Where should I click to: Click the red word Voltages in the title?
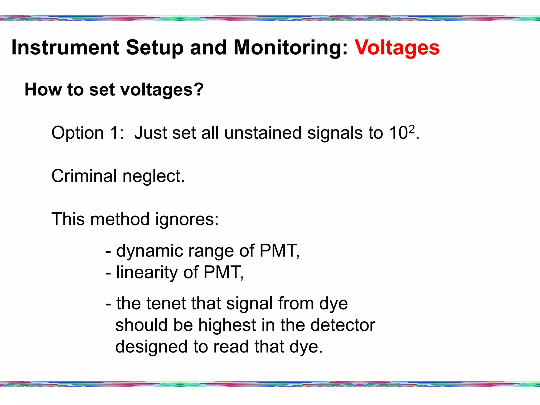tap(397, 48)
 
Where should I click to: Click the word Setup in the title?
tap(155, 48)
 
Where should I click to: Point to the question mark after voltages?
tap(199, 89)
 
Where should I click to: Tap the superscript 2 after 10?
tap(411, 129)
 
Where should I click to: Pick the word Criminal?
tap(84, 176)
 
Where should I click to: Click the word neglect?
tap(153, 176)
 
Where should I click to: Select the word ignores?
tap(187, 219)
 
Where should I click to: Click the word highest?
tap(227, 325)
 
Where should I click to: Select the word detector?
tap(343, 325)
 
